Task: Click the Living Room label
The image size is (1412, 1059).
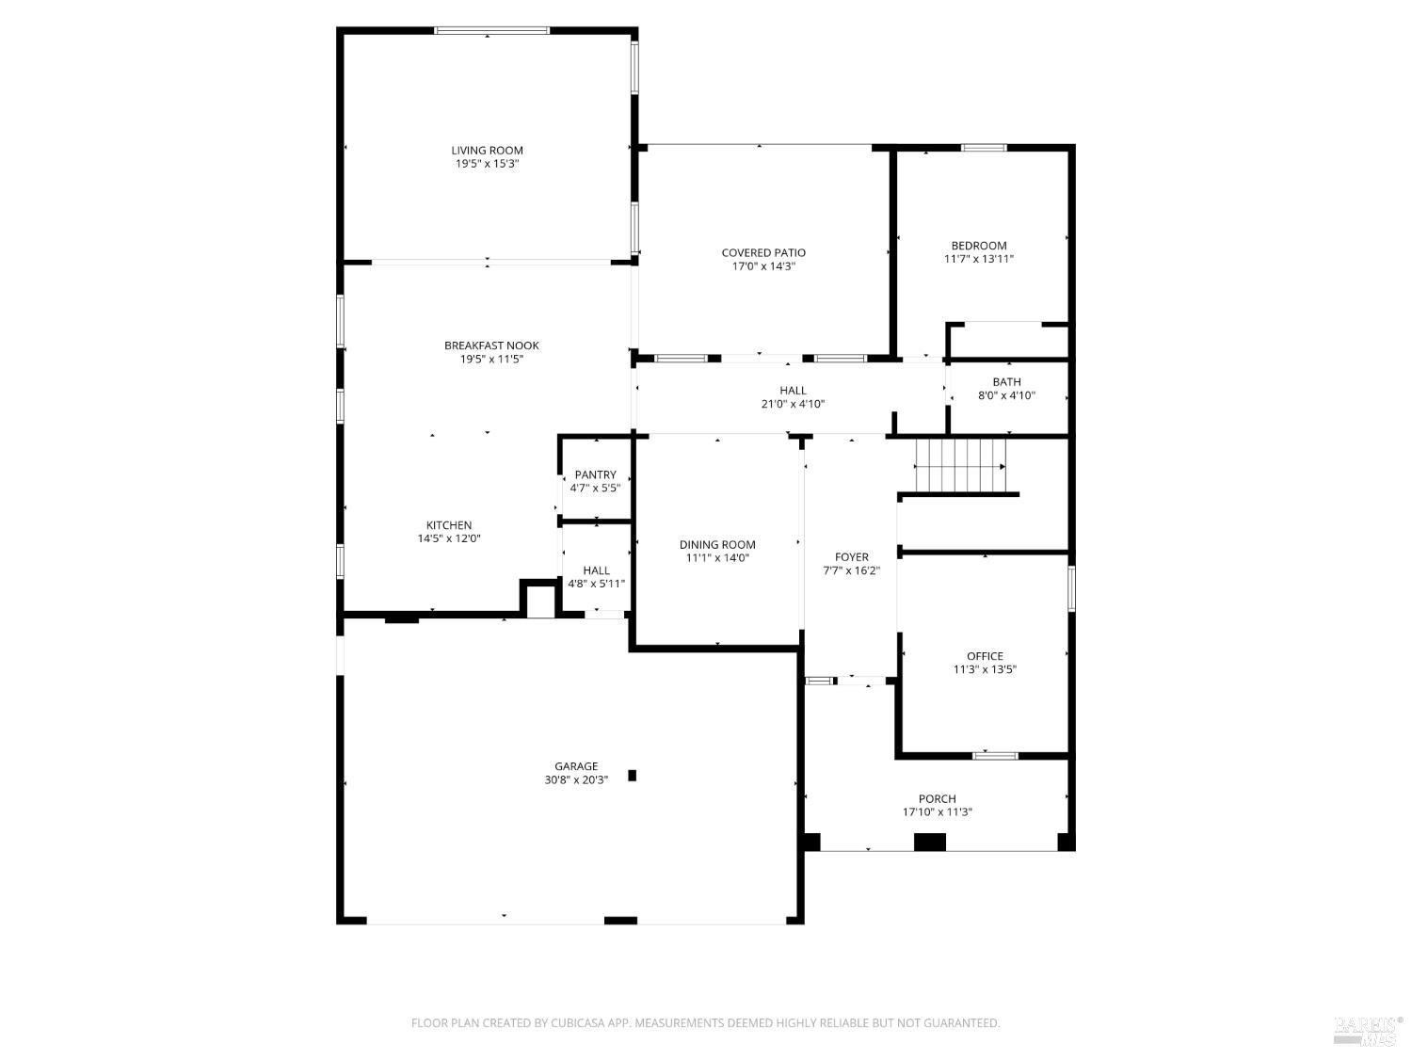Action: pyautogui.click(x=487, y=151)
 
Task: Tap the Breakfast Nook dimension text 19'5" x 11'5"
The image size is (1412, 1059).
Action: pyautogui.click(x=491, y=359)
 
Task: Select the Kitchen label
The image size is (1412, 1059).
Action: pyautogui.click(x=449, y=525)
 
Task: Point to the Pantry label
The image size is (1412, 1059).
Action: pyautogui.click(x=595, y=474)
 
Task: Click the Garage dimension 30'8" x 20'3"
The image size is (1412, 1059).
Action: pyautogui.click(x=575, y=779)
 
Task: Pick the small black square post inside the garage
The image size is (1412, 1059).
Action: pyautogui.click(x=633, y=776)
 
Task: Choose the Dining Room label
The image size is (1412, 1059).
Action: pyautogui.click(x=717, y=544)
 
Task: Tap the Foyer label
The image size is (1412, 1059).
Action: pyautogui.click(x=851, y=557)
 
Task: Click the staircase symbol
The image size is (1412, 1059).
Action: pyautogui.click(x=960, y=465)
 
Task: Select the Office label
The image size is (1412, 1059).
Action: pyautogui.click(x=985, y=656)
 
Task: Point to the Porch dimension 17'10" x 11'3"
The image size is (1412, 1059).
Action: pyautogui.click(x=937, y=811)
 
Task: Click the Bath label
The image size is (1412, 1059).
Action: pyautogui.click(x=1006, y=382)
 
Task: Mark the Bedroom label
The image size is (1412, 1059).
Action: pyautogui.click(x=978, y=246)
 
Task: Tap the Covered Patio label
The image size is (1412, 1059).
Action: pyautogui.click(x=763, y=252)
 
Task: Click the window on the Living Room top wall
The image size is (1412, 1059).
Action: pyautogui.click(x=491, y=31)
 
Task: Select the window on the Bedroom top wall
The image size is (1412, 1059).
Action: pyautogui.click(x=984, y=148)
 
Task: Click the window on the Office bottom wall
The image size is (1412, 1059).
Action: pyautogui.click(x=995, y=755)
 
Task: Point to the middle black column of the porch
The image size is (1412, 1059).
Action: pyautogui.click(x=930, y=842)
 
